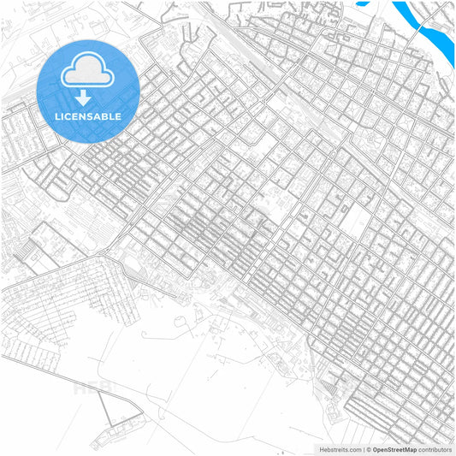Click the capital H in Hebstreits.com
tap(322, 449)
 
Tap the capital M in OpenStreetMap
tap(409, 449)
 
